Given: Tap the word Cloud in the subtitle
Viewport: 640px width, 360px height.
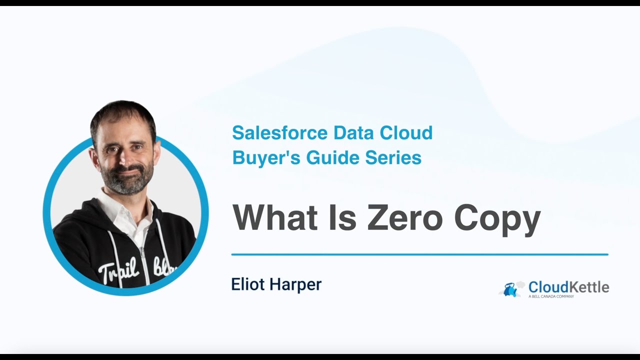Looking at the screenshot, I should click(405, 133).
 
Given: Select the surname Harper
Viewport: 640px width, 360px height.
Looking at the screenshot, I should click(295, 285).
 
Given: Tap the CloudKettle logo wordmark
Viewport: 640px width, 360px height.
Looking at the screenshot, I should click(568, 287).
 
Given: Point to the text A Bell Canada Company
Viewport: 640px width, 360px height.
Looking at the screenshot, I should click(551, 296).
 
